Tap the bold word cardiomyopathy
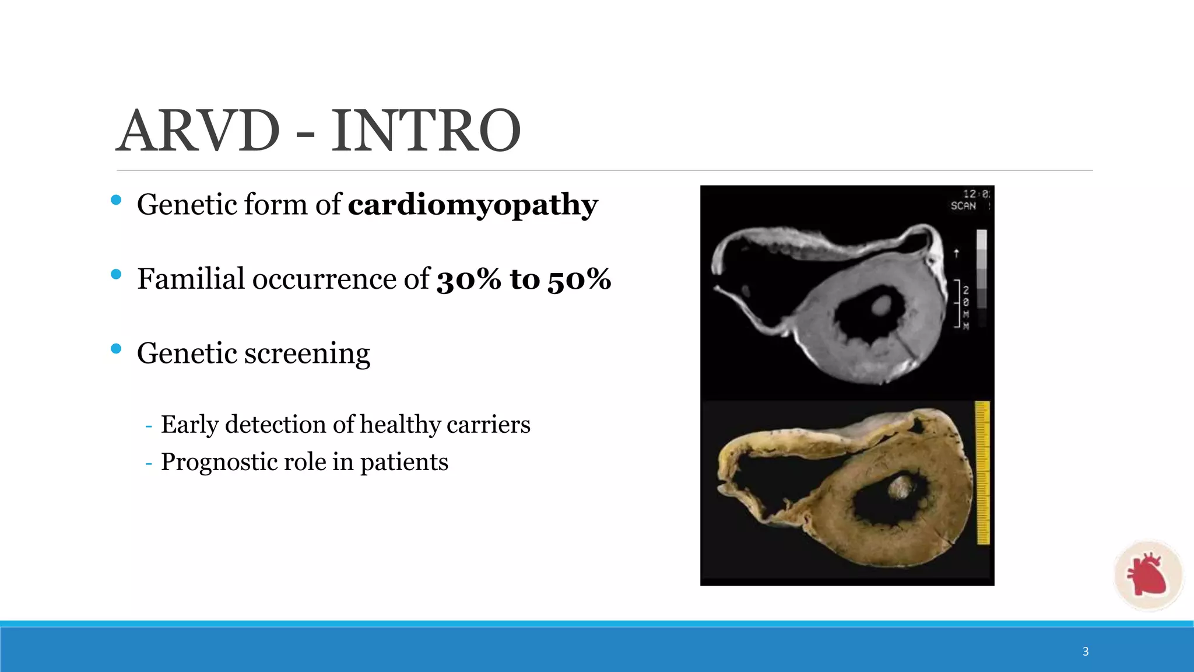[473, 205]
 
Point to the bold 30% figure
[469, 279]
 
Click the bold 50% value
[579, 279]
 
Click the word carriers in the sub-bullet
[488, 425]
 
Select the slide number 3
[1086, 652]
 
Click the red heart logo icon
[1147, 575]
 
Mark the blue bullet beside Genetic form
[116, 200]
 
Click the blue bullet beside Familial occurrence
[116, 274]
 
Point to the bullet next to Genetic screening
[116, 349]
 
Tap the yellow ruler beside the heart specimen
[983, 473]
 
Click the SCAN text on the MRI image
[963, 206]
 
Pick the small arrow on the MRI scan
[956, 253]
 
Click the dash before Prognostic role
[149, 463]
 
